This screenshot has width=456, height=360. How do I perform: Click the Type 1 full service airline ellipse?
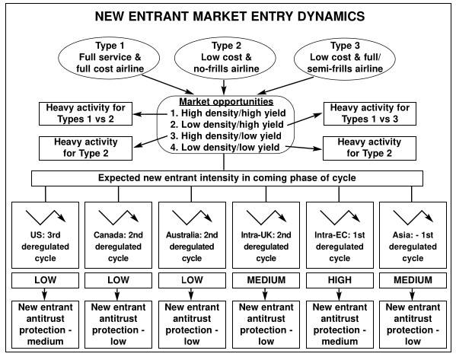coord(109,58)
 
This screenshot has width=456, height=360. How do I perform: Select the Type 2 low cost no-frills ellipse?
coord(225,58)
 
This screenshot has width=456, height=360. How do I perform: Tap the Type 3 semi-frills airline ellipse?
coord(345,58)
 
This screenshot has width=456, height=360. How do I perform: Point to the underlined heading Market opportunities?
coord(226,101)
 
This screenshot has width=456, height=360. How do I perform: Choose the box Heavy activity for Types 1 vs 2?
coord(85,113)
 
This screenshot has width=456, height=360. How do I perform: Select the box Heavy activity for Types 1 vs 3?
coord(370,113)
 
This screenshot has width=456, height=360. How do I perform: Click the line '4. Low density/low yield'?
coord(225,148)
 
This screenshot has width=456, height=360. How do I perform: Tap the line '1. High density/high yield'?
coord(228,113)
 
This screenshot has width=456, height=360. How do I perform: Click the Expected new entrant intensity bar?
coord(227,178)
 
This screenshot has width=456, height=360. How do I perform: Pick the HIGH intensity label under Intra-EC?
coord(340,280)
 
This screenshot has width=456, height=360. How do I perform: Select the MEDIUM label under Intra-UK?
coord(266,280)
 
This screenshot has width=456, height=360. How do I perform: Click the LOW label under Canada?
coord(118,280)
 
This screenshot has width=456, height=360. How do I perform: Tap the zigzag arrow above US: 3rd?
coord(46,217)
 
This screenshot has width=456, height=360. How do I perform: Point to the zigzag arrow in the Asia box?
coord(413,217)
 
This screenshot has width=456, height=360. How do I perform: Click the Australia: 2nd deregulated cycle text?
coord(192,247)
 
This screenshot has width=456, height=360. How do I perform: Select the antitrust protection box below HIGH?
coord(340,324)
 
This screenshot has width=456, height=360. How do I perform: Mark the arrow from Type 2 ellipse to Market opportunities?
coord(224,87)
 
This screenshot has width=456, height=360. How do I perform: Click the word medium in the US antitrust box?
coord(46,342)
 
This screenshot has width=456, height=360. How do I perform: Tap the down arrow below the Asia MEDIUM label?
coord(412,295)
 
